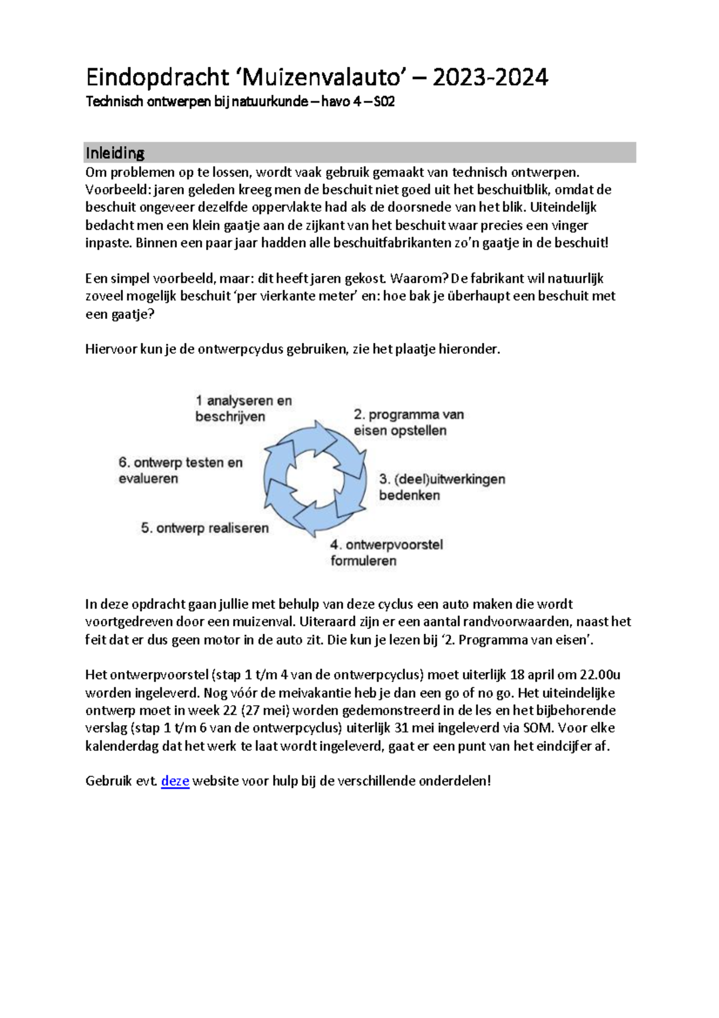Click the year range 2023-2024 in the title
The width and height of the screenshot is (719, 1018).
[490, 77]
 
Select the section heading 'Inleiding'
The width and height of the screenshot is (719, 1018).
[114, 153]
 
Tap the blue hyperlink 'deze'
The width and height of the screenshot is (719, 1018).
[175, 781]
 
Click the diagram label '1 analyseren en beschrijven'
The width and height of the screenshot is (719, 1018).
[243, 408]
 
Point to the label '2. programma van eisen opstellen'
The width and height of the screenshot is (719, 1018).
[408, 422]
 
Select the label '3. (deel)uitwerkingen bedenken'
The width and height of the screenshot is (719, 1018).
[442, 487]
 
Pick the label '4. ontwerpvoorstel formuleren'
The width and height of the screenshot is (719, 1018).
[386, 552]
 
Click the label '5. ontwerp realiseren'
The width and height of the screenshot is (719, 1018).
[204, 528]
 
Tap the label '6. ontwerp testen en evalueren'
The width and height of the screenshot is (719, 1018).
[180, 470]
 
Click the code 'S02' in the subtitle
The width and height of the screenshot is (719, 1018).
[384, 101]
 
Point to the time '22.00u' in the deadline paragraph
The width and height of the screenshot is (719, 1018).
[600, 674]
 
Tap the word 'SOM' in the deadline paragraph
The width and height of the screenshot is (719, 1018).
[537, 728]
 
